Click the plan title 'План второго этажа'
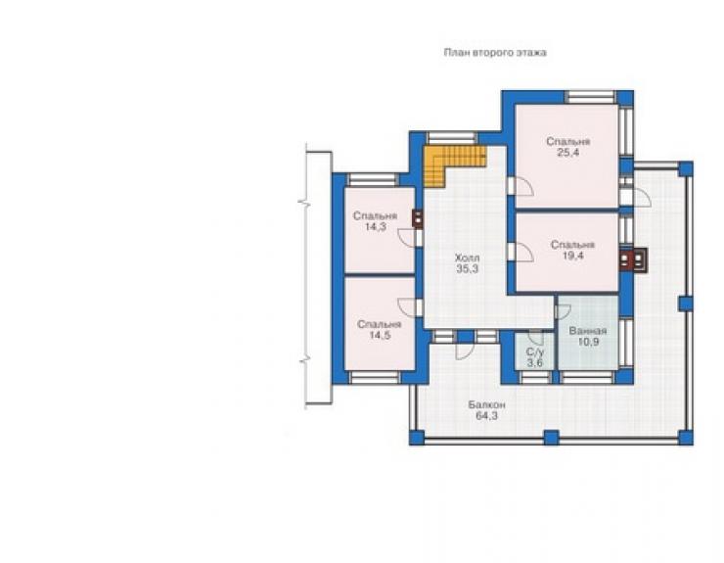[495, 53]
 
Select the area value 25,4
[567, 153]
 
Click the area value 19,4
[572, 257]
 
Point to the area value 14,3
[375, 227]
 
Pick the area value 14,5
[380, 335]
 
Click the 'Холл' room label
[468, 258]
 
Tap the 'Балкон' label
[486, 405]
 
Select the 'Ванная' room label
[588, 331]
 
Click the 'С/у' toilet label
[535, 352]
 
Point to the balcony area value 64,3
[486, 416]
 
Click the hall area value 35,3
[468, 269]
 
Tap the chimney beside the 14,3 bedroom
[418, 219]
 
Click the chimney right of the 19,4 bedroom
[633, 258]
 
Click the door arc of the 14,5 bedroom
[407, 307]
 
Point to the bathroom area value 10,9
[589, 342]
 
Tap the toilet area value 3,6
[535, 363]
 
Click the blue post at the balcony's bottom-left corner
[417, 438]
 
